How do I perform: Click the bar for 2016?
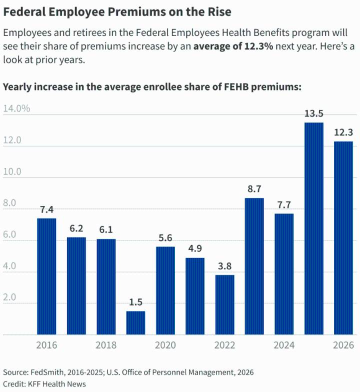pyautogui.click(x=46, y=276)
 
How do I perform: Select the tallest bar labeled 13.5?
pyautogui.click(x=313, y=228)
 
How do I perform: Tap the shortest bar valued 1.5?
pyautogui.click(x=135, y=322)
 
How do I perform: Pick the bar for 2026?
pyautogui.click(x=343, y=238)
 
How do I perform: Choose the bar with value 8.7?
pyautogui.click(x=254, y=266)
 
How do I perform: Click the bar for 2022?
pyautogui.click(x=224, y=304)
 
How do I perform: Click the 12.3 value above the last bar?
pyautogui.click(x=343, y=132)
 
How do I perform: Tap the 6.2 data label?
pyautogui.click(x=76, y=228)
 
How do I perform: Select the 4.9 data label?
pyautogui.click(x=195, y=248)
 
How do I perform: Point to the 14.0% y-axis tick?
pyautogui.click(x=16, y=108)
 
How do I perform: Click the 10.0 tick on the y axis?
pyautogui.click(x=12, y=171)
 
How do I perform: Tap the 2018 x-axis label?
pyautogui.click(x=105, y=345)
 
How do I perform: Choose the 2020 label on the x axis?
pyautogui.click(x=165, y=345)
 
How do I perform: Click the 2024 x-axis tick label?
pyautogui.click(x=284, y=345)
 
